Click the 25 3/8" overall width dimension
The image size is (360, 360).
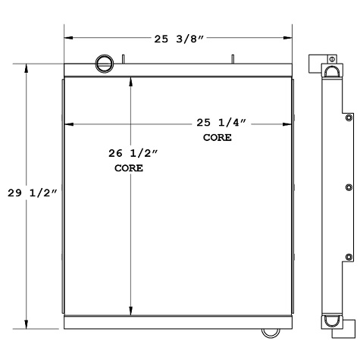tap(179, 36)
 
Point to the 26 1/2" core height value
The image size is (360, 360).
tap(133, 153)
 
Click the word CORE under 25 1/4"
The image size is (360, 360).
tap(217, 138)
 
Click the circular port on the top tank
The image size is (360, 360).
tap(102, 64)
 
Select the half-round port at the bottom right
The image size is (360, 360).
tap(270, 332)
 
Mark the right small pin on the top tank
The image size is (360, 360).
tap(233, 59)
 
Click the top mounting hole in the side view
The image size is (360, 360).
tap(348, 118)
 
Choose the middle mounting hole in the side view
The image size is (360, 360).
tap(348, 187)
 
